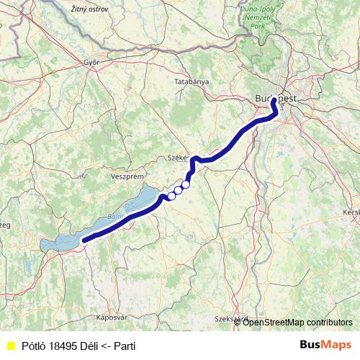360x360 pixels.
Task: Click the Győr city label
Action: coord(91,62)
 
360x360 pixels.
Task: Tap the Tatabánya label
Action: coord(192,82)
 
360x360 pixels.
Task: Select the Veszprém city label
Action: coord(129,176)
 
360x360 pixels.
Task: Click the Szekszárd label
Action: coord(232,318)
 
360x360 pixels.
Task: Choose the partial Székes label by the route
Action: coord(177,156)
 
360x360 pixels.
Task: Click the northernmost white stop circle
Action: coord(186,184)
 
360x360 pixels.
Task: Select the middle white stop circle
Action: coord(179,190)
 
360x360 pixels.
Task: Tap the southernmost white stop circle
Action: coord(172,195)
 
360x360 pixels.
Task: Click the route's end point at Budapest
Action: coord(274,102)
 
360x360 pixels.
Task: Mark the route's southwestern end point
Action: coord(85,240)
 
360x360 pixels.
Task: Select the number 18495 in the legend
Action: coord(63,345)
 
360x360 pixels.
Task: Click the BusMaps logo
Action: coord(326,344)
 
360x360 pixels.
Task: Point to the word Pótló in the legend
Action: coord(33,345)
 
